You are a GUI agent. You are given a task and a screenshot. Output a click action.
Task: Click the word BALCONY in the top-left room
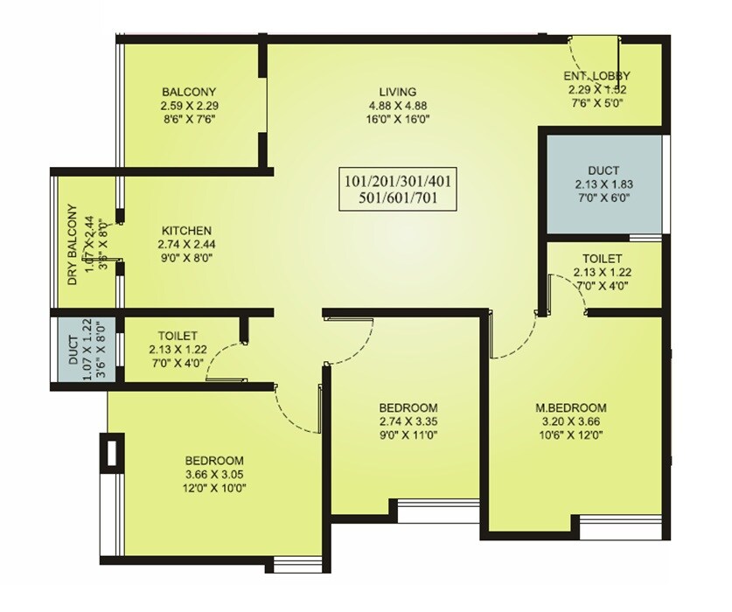point(188,92)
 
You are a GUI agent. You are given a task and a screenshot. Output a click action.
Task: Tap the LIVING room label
point(397,92)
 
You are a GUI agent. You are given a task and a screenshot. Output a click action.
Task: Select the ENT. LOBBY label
point(596,76)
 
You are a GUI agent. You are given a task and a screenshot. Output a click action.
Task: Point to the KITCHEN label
point(185,230)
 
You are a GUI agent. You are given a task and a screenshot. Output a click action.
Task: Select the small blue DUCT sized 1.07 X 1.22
point(74,345)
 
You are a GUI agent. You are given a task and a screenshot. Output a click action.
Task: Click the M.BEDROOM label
point(571,408)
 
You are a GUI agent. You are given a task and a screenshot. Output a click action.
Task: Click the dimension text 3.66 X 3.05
point(213,475)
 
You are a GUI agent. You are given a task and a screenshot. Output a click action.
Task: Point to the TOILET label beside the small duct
point(178,336)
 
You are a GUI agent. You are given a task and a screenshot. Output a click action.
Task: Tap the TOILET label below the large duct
point(603,260)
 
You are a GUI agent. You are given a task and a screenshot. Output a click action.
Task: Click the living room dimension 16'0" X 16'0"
point(397,120)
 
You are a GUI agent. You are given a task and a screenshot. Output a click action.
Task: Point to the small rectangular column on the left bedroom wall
point(110,452)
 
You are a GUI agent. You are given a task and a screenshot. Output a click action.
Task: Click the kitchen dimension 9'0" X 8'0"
point(185,258)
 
